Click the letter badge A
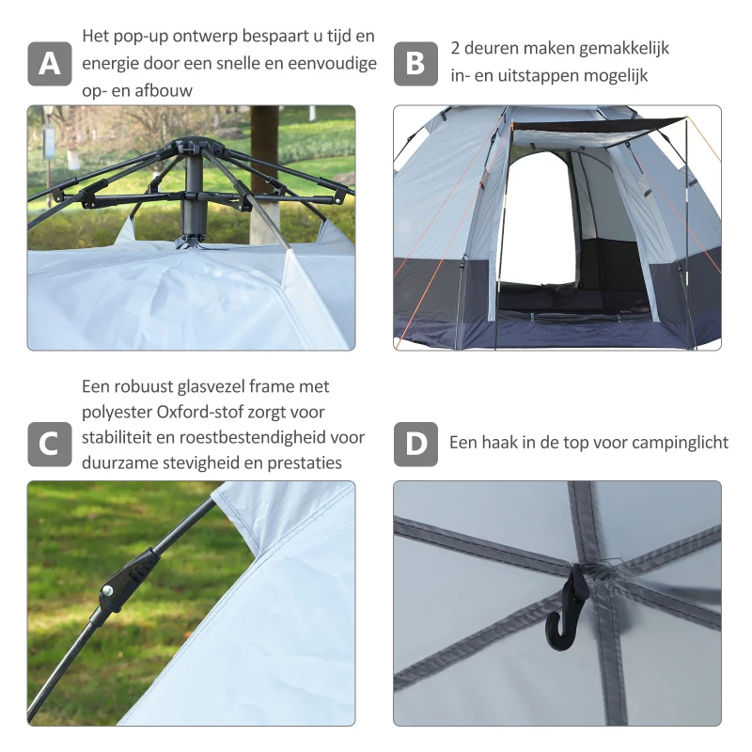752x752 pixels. tap(50, 64)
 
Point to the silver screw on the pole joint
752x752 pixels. tap(108, 590)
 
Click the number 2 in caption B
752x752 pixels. tap(456, 48)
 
